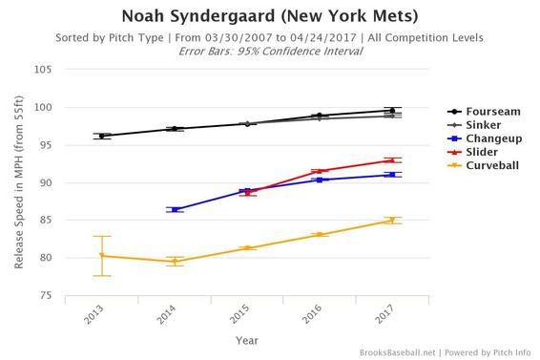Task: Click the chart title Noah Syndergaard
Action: (270, 16)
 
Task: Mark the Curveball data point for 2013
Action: (102, 255)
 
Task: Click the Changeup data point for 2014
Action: (175, 209)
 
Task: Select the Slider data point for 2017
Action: (392, 160)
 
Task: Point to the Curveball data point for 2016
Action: (320, 234)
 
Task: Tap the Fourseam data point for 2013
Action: (102, 136)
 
